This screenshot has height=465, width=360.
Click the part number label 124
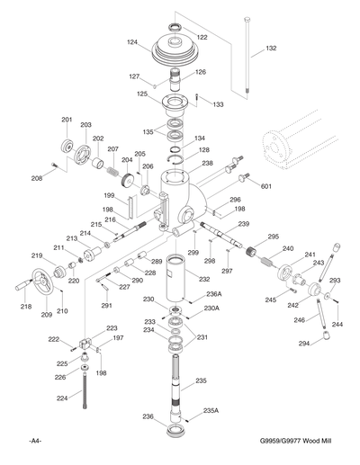[x=132, y=42]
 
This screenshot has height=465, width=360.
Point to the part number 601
[x=266, y=186]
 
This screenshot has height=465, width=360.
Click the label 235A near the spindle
[x=211, y=410]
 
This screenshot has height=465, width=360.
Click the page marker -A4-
[x=35, y=442]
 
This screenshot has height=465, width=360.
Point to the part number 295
[x=274, y=237]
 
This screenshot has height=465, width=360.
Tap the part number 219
[x=38, y=255]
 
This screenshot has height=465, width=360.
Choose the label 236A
[x=213, y=294]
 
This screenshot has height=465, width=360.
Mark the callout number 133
[x=219, y=105]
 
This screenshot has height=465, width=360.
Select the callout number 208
[x=37, y=179]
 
